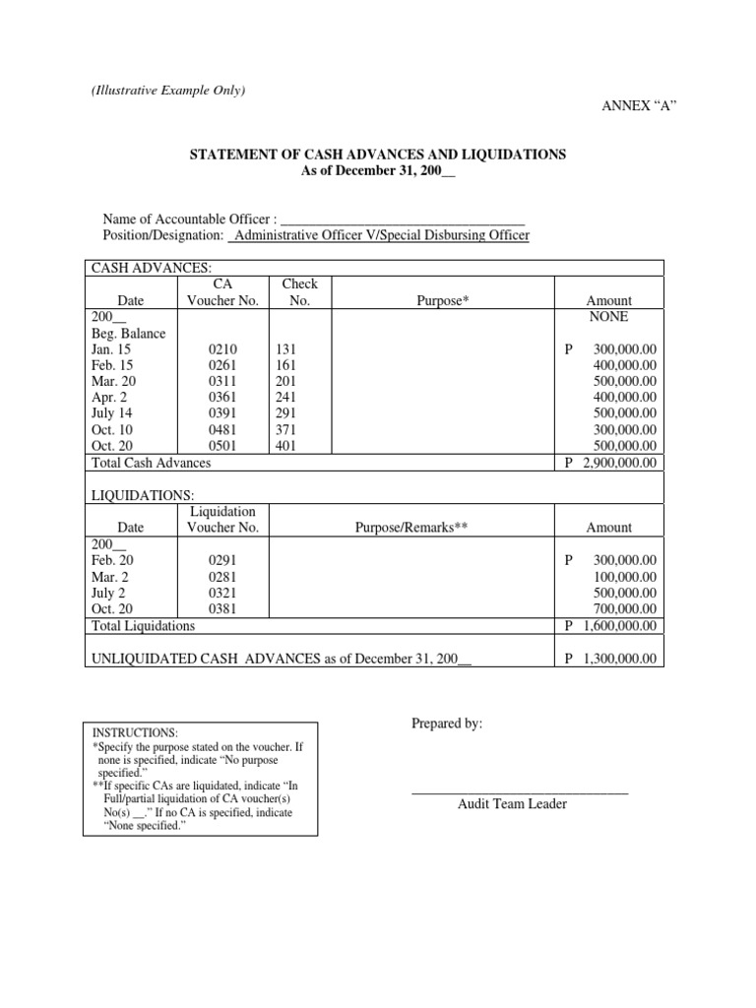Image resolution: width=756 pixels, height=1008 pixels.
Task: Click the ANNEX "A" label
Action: tap(639, 106)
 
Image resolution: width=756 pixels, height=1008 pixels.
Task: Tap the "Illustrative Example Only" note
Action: tap(168, 91)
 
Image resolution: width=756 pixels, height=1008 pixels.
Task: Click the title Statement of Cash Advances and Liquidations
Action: tap(377, 156)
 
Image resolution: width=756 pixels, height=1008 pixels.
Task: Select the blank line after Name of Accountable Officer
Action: tap(403, 219)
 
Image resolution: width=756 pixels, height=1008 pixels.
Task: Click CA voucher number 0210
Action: tap(222, 349)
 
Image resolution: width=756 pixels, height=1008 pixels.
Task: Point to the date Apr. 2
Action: tap(110, 398)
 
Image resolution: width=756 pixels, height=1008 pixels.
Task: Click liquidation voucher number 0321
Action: tap(222, 593)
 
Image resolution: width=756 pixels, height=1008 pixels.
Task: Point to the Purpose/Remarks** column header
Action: tap(410, 528)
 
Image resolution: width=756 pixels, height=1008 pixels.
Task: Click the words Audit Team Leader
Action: tap(512, 804)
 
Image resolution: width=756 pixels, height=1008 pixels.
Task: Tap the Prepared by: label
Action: tap(447, 724)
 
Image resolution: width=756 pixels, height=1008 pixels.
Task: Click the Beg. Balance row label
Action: tap(128, 334)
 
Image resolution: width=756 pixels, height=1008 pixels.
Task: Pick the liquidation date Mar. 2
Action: tap(110, 576)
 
